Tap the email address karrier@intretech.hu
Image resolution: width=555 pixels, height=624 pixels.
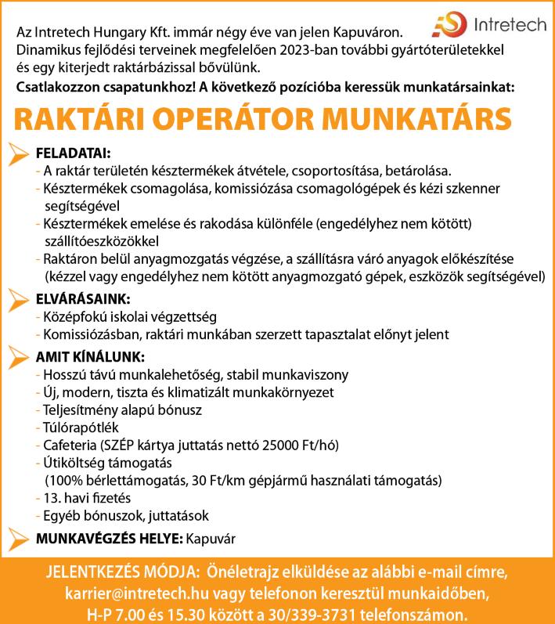click(x=159, y=590)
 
